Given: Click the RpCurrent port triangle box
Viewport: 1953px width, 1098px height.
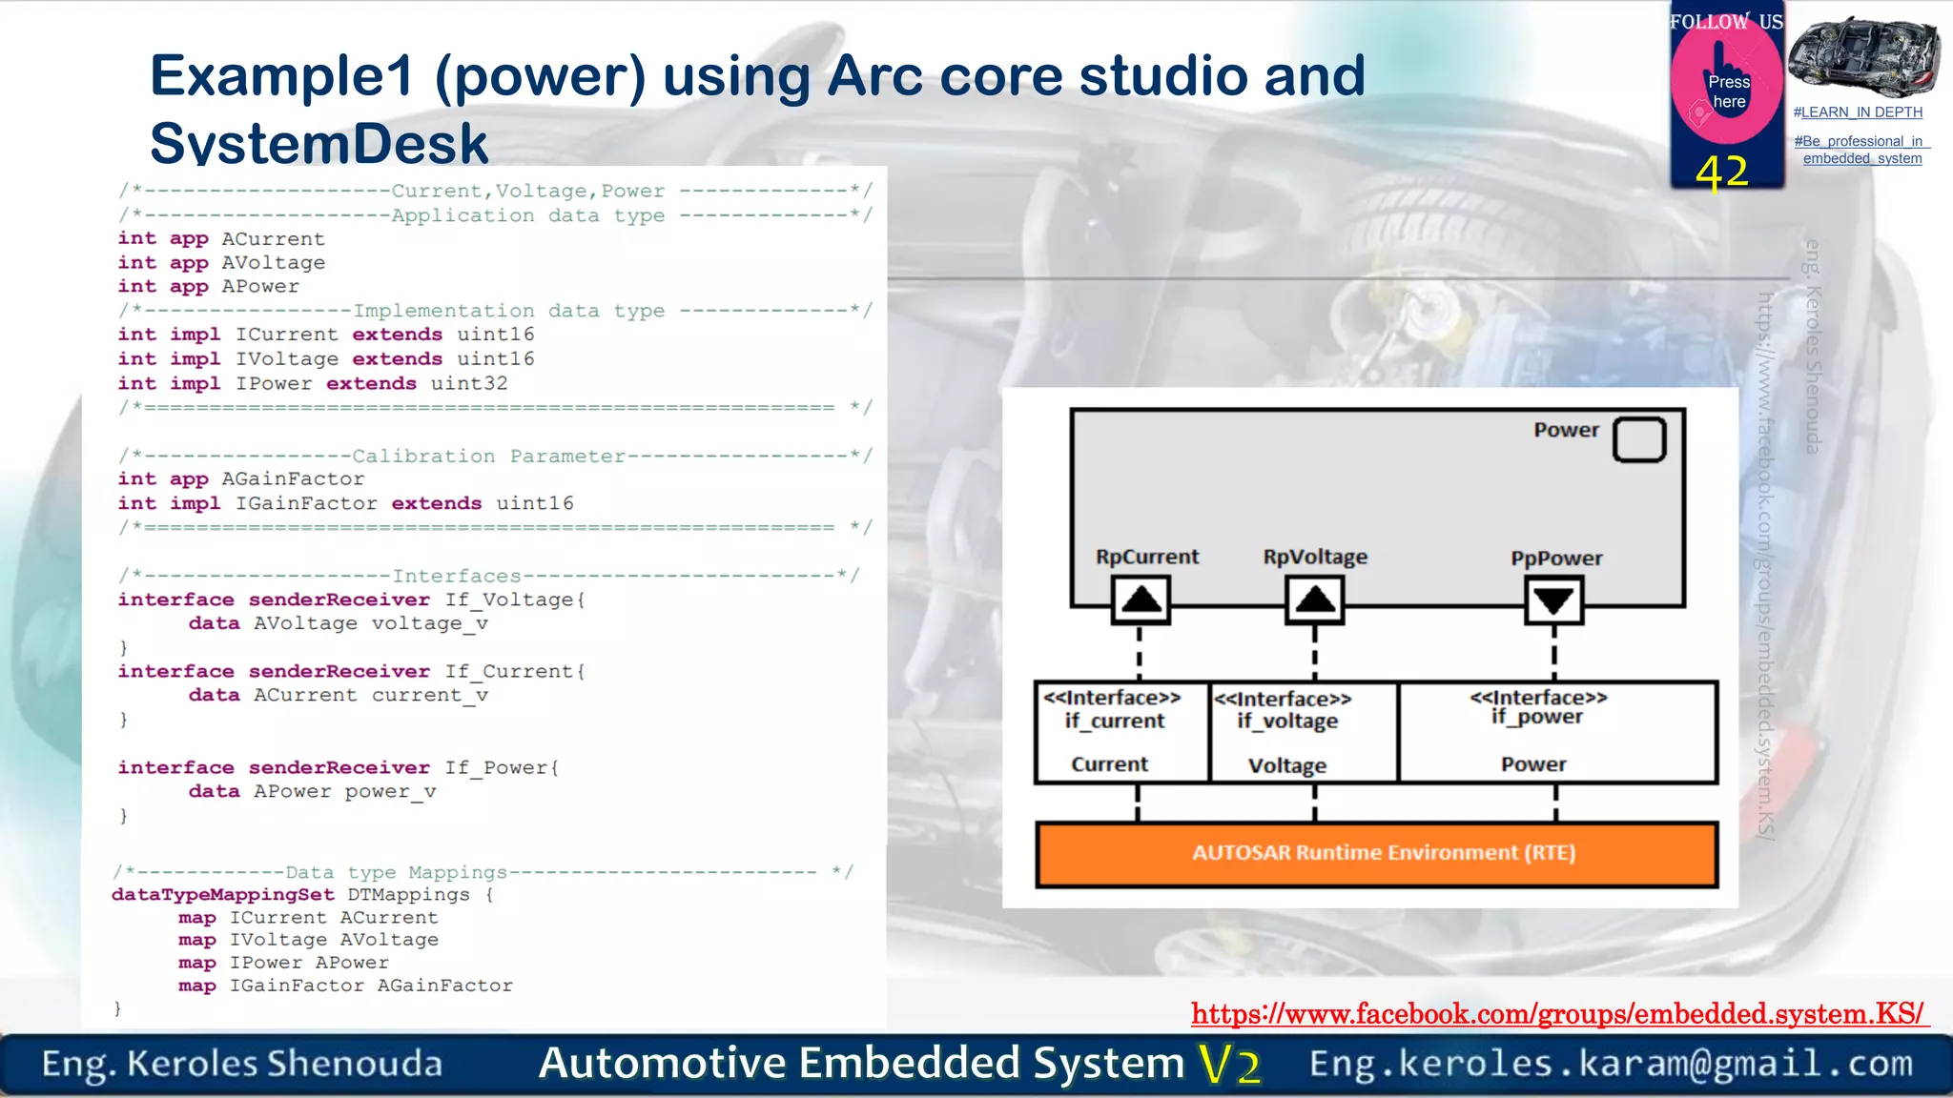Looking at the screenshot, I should (x=1141, y=600).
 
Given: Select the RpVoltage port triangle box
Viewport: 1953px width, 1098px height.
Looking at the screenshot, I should (x=1314, y=600).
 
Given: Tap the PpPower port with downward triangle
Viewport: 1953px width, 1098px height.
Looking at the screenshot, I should (x=1553, y=600).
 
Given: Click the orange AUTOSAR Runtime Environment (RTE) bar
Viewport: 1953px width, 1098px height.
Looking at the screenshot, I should (x=1376, y=853).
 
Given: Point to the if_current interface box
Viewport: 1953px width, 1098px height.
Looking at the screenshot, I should (x=1121, y=731).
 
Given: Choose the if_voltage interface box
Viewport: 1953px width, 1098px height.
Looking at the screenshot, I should (x=1303, y=732).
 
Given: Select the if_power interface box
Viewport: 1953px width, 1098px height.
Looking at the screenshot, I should (x=1556, y=731).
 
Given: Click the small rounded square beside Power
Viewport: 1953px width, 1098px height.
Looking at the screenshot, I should (x=1639, y=439).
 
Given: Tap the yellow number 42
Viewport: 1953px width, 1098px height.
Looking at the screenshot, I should (x=1722, y=173).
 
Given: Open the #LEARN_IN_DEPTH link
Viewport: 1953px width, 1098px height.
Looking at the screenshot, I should (x=1858, y=112).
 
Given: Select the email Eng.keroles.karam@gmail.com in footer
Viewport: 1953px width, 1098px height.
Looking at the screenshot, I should (x=1611, y=1064).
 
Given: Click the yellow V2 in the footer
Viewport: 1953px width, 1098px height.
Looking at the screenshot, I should (x=1230, y=1065).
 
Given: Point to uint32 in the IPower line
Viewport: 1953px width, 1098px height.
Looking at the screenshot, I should (x=469, y=383).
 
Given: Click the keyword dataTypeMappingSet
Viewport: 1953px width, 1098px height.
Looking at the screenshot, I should (x=223, y=895).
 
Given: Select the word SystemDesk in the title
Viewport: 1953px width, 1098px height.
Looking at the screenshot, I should (x=319, y=143).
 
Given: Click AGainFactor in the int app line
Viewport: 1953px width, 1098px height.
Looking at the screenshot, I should (x=293, y=479).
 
